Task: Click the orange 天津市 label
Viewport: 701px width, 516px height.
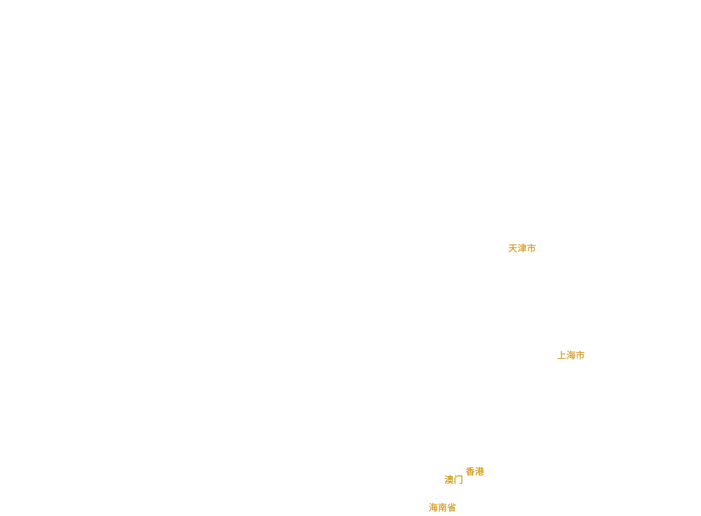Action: tap(522, 248)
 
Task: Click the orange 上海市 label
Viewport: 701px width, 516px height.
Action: tap(570, 355)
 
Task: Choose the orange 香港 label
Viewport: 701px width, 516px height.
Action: tap(474, 472)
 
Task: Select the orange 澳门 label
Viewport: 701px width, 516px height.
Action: tap(453, 480)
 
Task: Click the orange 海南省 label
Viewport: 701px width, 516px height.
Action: tap(442, 508)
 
